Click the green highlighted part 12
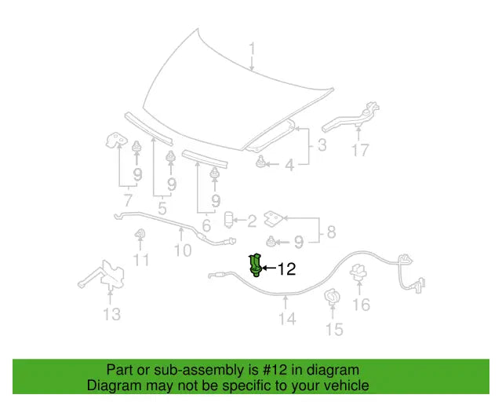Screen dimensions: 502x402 pos(256,265)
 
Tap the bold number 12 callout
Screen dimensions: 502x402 pos(286,269)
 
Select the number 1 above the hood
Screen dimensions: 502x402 pos(253,49)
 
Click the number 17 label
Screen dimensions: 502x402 pos(360,150)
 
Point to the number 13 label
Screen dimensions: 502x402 pos(112,314)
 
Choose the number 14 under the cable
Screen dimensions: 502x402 pos(287,319)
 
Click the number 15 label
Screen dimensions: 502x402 pos(334,329)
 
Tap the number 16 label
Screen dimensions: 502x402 pos(361,304)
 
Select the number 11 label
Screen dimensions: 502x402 pos(141,260)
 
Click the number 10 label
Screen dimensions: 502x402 pos(183,250)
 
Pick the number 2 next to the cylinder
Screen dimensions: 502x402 pos(252,221)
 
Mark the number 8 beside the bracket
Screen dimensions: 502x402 pos(331,232)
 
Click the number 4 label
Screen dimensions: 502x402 pos(289,165)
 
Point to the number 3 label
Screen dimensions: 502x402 pos(322,145)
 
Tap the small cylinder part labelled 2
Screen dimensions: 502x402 pos(229,220)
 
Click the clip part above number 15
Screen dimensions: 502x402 pos(332,297)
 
